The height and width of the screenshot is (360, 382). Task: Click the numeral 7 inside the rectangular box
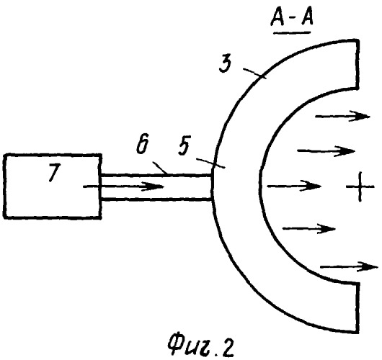pyautogui.click(x=53, y=173)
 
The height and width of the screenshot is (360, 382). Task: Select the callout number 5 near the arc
pyautogui.click(x=184, y=146)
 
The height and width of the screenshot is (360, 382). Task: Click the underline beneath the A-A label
pyautogui.click(x=292, y=32)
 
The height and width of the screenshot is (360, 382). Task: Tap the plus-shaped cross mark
pyautogui.click(x=360, y=187)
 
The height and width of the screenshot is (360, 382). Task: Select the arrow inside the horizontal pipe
pyautogui.click(x=124, y=186)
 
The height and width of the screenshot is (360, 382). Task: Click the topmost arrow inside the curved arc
pyautogui.click(x=343, y=117)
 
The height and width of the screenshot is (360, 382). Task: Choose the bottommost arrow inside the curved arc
pyautogui.click(x=349, y=267)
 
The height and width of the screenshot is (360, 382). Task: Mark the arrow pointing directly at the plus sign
pyautogui.click(x=294, y=186)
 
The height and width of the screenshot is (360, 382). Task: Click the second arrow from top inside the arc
pyautogui.click(x=326, y=151)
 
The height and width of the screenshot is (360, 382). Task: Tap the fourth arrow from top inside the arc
pyautogui.click(x=309, y=228)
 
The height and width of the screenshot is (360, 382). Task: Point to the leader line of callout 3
pyautogui.click(x=254, y=73)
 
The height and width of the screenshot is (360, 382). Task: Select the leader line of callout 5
pyautogui.click(x=210, y=163)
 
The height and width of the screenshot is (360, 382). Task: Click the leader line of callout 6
pyautogui.click(x=160, y=168)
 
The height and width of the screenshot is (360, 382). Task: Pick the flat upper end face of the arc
pyautogui.click(x=357, y=65)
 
